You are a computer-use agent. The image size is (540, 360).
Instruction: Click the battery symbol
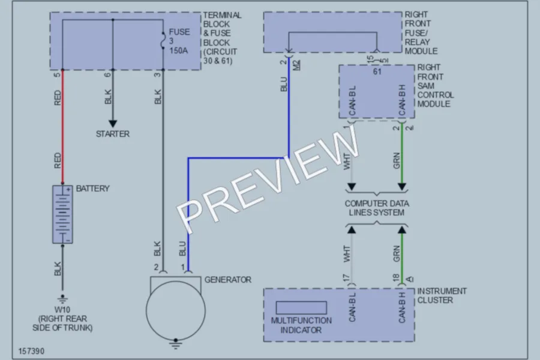click(62, 214)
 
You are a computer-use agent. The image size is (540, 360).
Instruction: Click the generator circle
click(176, 311)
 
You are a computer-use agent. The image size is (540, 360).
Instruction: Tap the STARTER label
click(113, 134)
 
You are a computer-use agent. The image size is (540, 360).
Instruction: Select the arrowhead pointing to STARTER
click(113, 124)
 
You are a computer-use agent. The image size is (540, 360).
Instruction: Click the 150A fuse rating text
click(178, 50)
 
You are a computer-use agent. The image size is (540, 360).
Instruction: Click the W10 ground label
click(62, 310)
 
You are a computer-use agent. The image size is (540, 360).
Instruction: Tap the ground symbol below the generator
click(176, 344)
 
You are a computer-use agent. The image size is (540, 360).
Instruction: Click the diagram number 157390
click(31, 351)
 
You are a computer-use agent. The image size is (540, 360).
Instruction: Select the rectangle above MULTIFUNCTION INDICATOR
click(301, 308)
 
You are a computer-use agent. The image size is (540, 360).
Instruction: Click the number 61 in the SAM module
click(377, 71)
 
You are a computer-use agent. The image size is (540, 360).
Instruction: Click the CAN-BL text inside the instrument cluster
click(352, 307)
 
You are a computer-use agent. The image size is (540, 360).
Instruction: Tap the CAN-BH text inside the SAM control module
click(402, 100)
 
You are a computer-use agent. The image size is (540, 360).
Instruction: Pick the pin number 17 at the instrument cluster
click(346, 278)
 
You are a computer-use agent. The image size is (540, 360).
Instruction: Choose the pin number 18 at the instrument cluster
click(396, 278)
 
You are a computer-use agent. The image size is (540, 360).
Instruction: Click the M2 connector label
click(297, 65)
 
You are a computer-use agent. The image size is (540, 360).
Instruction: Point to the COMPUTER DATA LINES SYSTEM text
click(377, 208)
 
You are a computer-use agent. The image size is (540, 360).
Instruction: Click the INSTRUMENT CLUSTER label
click(442, 296)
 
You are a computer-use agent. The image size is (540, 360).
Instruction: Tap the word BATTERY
click(92, 188)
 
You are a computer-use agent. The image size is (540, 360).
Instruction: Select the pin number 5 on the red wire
click(57, 74)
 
